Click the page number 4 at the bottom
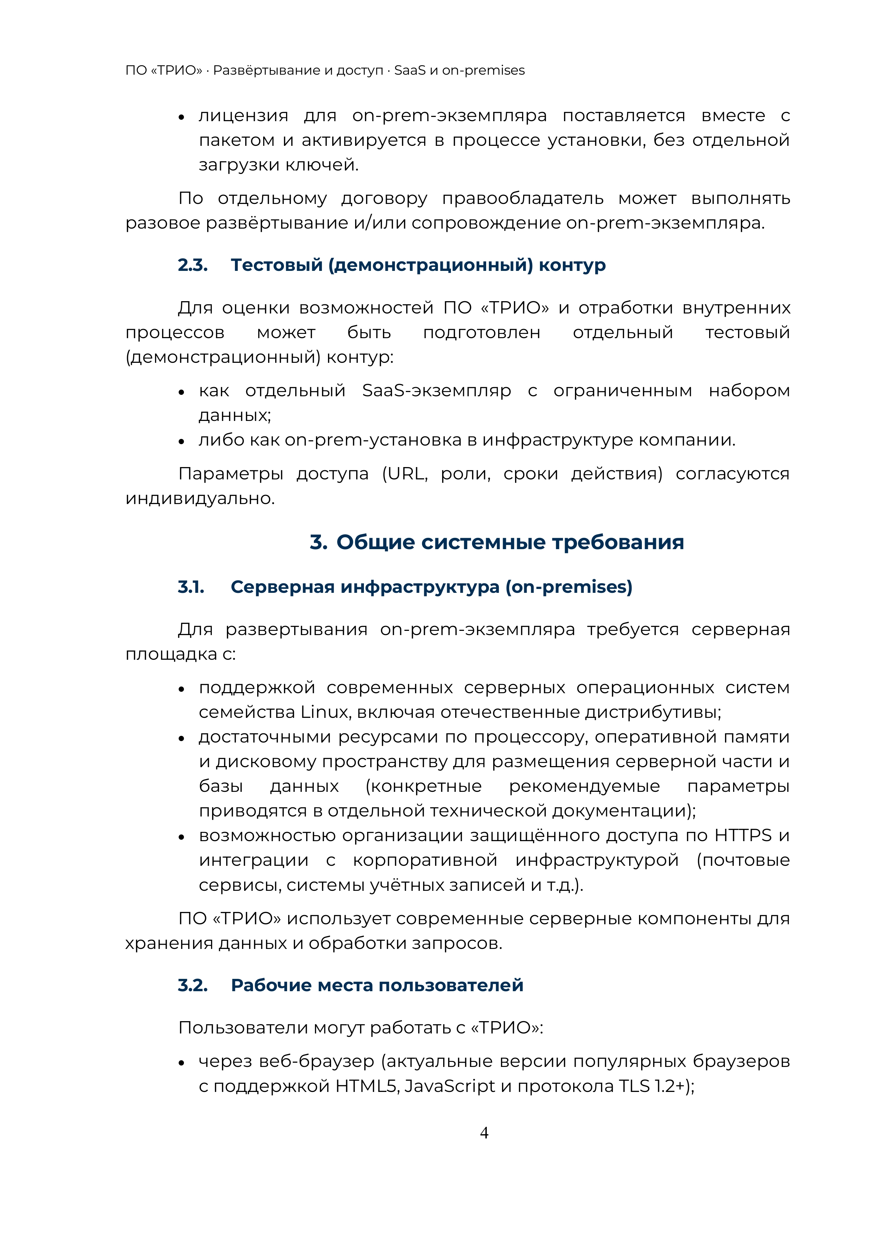tap(484, 1133)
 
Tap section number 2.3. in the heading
tap(193, 265)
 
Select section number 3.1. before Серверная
tap(191, 587)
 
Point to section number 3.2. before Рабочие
tap(193, 985)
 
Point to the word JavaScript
tap(450, 1086)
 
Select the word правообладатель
tap(522, 199)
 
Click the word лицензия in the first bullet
tap(243, 116)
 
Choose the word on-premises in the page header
tap(483, 70)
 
